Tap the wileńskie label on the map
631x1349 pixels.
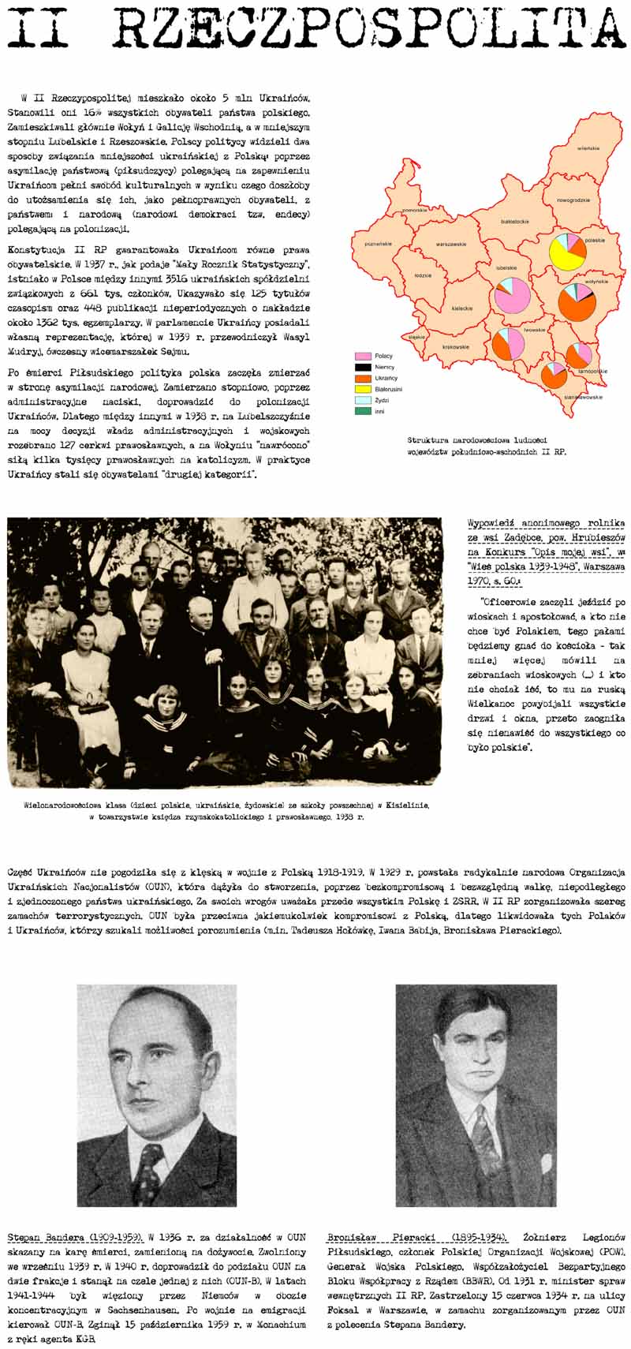[x=588, y=148]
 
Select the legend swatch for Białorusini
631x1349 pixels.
[x=364, y=389]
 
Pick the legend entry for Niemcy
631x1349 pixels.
[x=364, y=367]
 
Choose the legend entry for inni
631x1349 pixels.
[x=364, y=411]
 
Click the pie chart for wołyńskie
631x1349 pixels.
[x=577, y=301]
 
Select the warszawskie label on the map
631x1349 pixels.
[x=451, y=244]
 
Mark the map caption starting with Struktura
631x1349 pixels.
[x=487, y=447]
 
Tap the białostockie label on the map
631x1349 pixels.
[x=517, y=222]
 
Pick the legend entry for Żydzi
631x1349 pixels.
[x=364, y=400]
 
